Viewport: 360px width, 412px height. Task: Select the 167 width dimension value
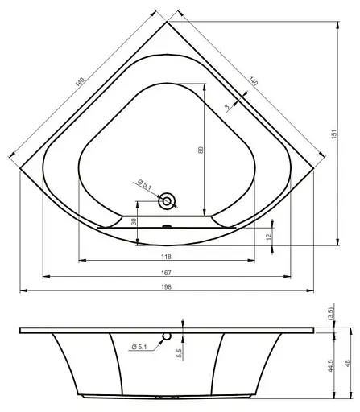coord(165,271)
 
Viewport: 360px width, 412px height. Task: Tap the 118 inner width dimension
coord(165,257)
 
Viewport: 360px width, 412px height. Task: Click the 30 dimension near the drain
coord(134,223)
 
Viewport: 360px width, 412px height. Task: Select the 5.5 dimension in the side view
coord(179,351)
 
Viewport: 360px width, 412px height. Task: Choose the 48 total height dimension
coord(347,363)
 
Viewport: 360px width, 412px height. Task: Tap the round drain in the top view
coord(168,200)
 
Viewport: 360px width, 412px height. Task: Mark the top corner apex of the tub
coord(166,22)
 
